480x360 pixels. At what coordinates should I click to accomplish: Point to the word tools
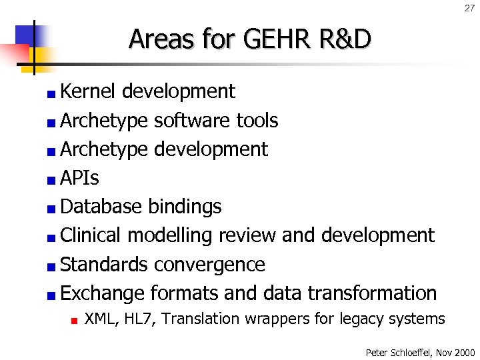(x=257, y=121)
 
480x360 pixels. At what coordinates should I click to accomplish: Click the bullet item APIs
(x=79, y=178)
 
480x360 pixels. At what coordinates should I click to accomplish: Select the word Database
(x=101, y=207)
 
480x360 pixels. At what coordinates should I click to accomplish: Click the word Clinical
(x=91, y=235)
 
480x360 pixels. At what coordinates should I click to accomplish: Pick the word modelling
(x=168, y=236)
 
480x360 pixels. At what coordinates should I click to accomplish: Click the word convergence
(x=209, y=265)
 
